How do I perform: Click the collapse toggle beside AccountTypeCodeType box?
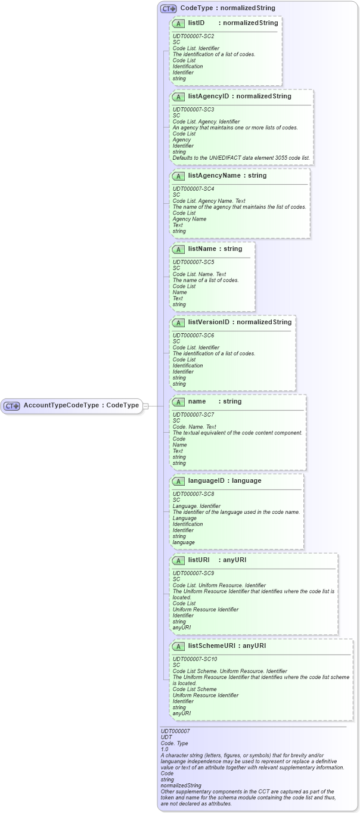(146, 406)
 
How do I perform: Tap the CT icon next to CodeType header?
(169, 8)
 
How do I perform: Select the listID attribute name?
(197, 23)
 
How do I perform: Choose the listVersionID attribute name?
(209, 322)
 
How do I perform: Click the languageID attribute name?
(207, 480)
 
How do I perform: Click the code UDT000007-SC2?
(193, 36)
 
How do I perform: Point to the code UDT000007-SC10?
(195, 659)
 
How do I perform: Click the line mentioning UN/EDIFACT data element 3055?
(241, 158)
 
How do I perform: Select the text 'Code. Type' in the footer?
(173, 743)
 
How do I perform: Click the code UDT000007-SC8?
(193, 494)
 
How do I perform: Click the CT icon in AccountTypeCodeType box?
(12, 406)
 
